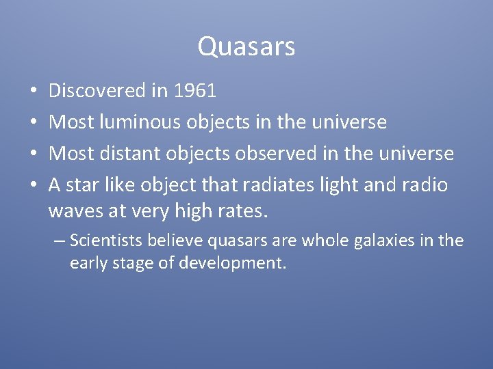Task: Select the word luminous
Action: [141, 122]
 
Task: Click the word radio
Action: [424, 185]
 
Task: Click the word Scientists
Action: [104, 241]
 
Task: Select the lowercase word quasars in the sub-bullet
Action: [232, 241]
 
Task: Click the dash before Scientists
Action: [60, 241]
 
